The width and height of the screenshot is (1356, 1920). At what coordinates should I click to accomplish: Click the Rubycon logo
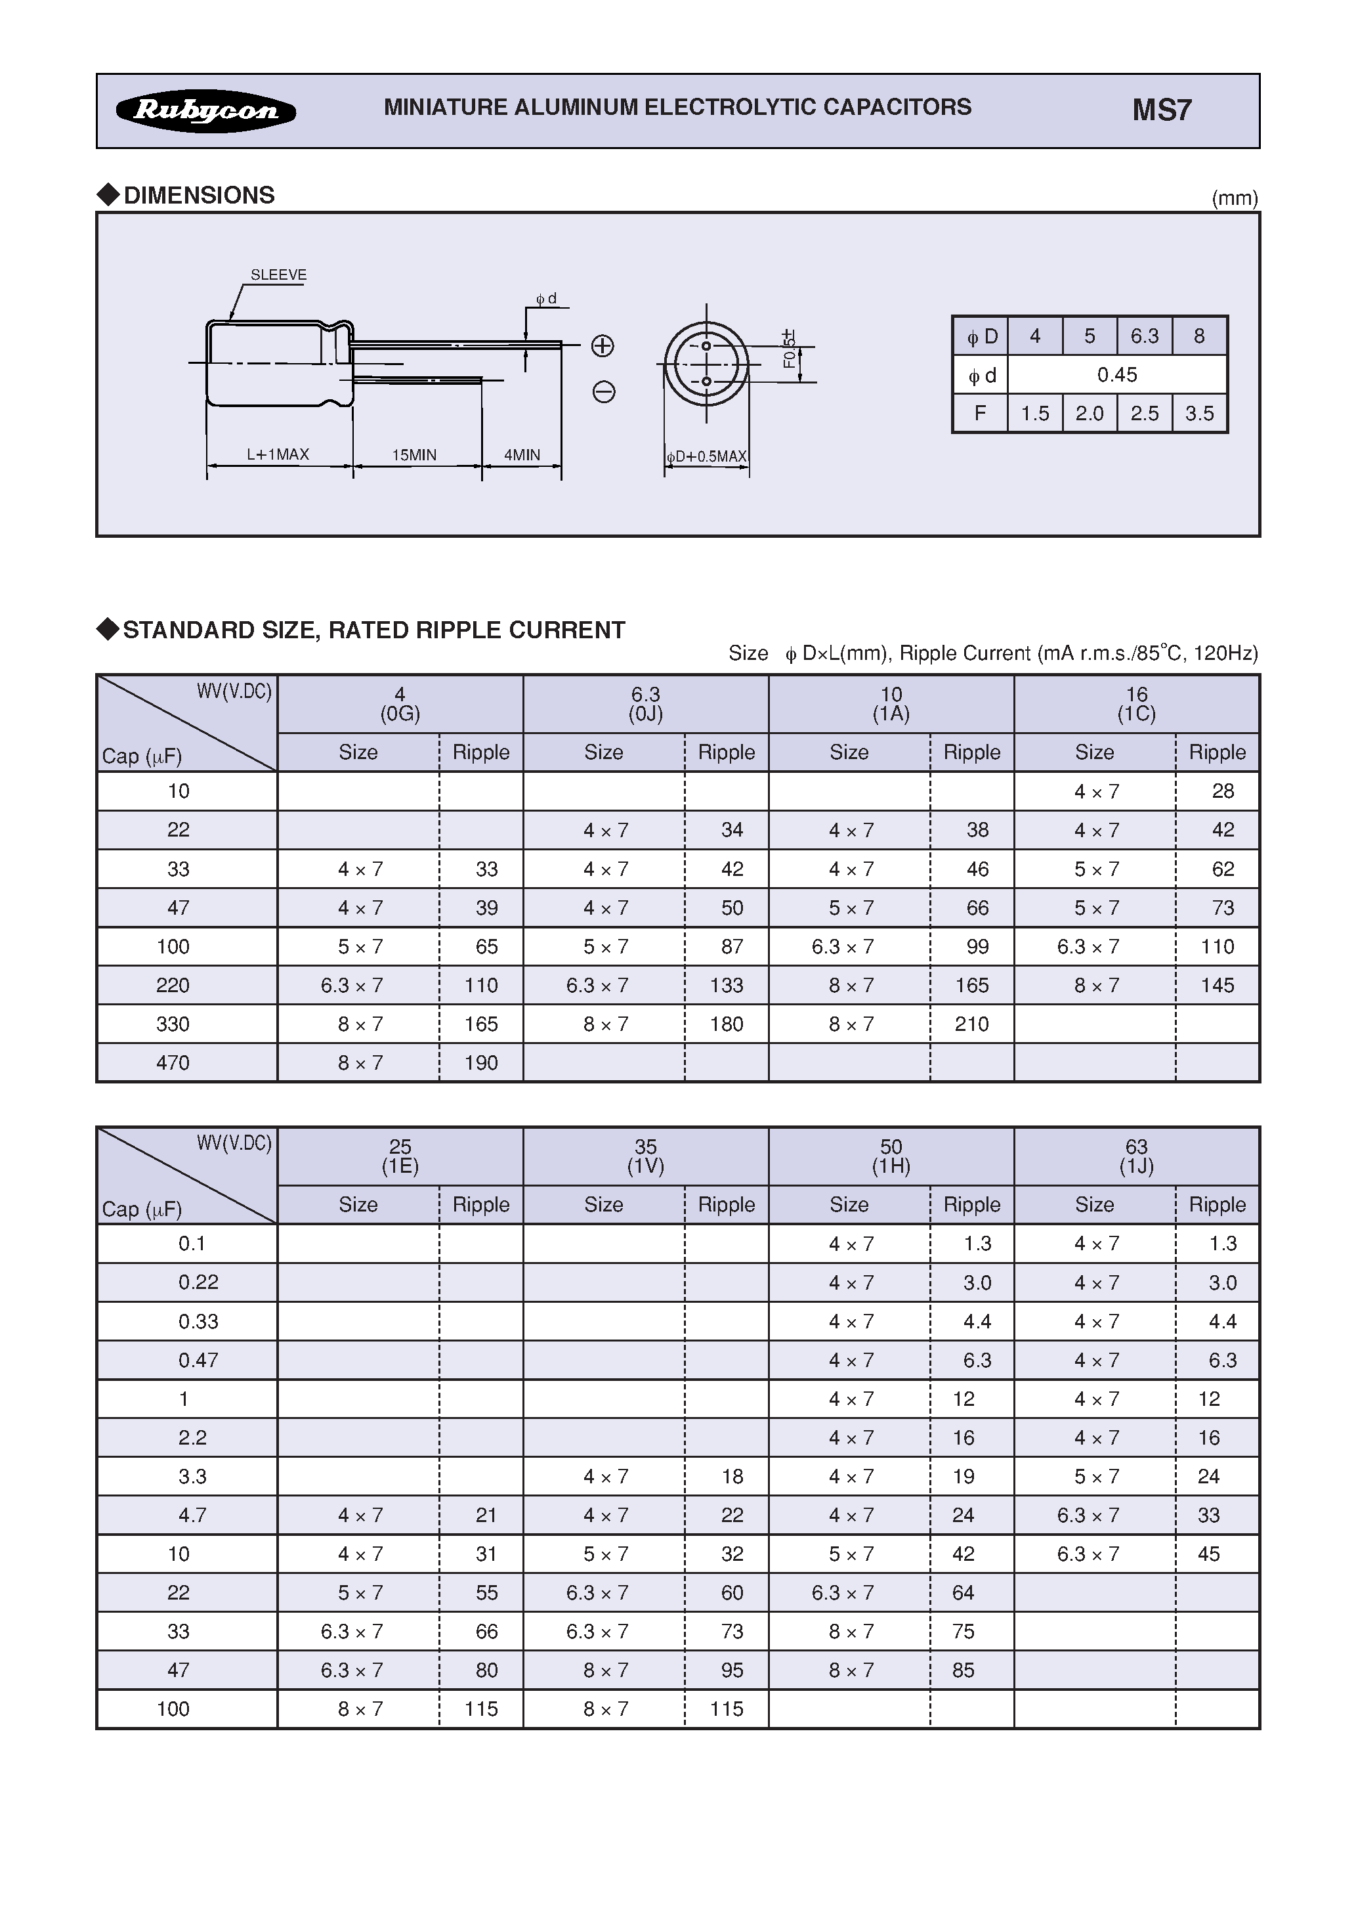pos(205,110)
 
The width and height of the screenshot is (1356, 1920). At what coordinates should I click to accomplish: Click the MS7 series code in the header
pos(1161,110)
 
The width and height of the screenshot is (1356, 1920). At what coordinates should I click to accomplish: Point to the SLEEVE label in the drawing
pos(278,275)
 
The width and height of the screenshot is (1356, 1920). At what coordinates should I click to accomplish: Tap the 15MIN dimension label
pos(415,455)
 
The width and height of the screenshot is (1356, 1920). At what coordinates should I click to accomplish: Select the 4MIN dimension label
pos(522,455)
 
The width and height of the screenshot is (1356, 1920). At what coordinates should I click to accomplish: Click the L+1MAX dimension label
pos(278,454)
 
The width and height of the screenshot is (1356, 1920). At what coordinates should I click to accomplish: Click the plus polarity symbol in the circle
pos(603,346)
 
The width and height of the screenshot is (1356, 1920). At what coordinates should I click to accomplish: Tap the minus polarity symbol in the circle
pos(604,391)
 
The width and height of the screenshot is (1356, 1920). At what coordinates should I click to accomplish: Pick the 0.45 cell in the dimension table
pos(1117,375)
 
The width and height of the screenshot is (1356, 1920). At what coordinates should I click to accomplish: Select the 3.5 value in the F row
pos(1199,413)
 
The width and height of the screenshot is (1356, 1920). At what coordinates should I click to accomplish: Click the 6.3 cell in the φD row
pos(1145,336)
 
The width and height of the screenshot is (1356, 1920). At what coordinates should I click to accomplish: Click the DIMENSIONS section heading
pos(199,195)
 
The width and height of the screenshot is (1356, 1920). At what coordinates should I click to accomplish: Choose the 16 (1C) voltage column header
pos(1136,704)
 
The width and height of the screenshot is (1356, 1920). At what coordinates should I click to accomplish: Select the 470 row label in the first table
pos(173,1063)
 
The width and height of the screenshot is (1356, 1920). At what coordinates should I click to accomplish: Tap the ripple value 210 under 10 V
pos(971,1024)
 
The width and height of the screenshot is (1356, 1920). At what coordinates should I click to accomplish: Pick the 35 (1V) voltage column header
pos(645,1156)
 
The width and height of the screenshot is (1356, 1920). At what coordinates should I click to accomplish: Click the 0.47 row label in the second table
pos(198,1361)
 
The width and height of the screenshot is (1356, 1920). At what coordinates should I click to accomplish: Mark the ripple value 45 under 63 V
pos(1209,1554)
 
